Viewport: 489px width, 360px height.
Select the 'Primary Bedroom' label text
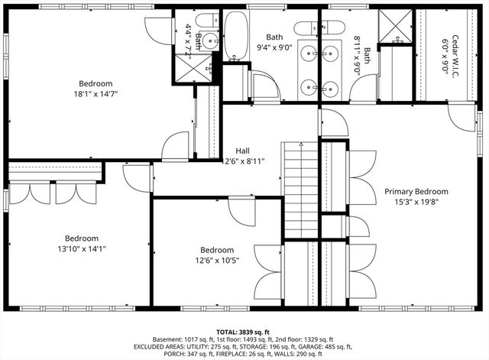pos(416,191)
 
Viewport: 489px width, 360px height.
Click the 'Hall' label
pos(242,151)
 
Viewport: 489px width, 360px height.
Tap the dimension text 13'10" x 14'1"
pos(81,248)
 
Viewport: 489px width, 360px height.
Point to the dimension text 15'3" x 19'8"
pos(416,202)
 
